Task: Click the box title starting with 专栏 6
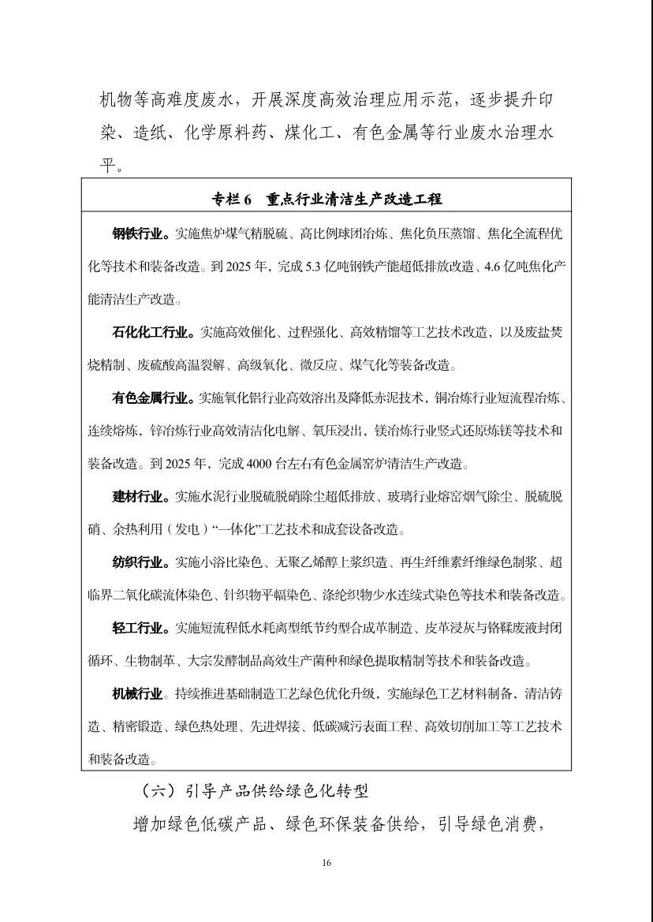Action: coord(326,200)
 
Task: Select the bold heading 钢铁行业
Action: coord(140,234)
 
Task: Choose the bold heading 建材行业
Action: coord(140,497)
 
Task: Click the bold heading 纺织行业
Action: coord(140,562)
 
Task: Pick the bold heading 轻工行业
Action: coord(140,629)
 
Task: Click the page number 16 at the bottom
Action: coord(326,862)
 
